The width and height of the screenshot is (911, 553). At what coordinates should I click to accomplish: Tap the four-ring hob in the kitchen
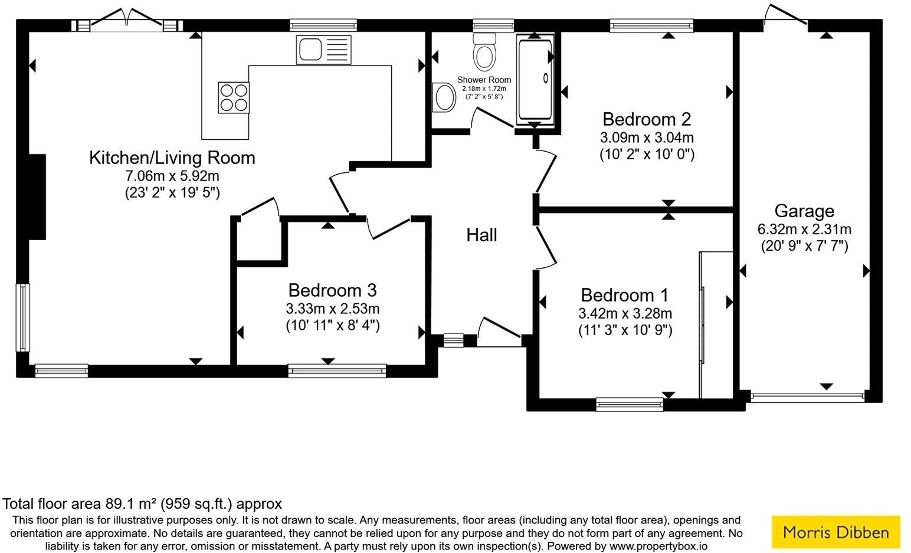234,97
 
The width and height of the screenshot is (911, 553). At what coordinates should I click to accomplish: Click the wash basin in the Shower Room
443,97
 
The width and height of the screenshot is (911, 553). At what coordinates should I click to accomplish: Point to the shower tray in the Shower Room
535,79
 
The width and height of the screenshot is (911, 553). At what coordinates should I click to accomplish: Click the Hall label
481,235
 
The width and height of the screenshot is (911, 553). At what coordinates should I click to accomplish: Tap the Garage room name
804,211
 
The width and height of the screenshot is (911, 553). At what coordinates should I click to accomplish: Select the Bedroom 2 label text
646,120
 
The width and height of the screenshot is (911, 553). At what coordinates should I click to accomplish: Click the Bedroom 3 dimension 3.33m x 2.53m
332,309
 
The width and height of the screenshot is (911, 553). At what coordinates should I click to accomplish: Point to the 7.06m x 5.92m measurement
172,176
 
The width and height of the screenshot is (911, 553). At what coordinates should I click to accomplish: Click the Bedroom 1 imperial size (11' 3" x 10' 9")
625,331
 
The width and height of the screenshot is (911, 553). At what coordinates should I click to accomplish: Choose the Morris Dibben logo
835,532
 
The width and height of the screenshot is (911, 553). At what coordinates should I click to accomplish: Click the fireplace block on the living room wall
37,197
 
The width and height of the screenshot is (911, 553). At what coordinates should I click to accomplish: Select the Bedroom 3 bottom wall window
337,371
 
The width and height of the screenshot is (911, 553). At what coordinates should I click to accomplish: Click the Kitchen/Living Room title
172,158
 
